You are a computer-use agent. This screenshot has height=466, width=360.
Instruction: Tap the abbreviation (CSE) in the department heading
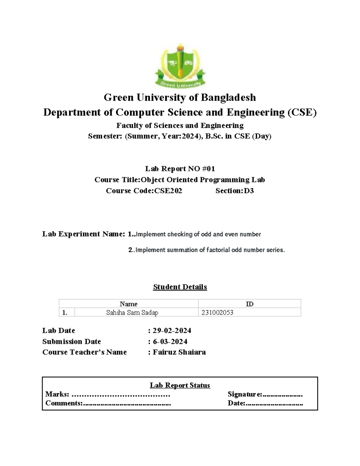tap(302, 113)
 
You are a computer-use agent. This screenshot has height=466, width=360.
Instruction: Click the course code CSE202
tap(168, 191)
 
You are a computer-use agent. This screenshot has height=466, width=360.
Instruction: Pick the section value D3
tap(249, 191)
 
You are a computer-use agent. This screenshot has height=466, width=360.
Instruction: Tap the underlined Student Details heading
tap(180, 287)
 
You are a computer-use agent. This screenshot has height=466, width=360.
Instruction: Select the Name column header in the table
tap(128, 304)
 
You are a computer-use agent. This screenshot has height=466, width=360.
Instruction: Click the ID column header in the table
tap(250, 304)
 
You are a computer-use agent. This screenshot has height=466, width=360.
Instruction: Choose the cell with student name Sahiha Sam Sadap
tap(132, 313)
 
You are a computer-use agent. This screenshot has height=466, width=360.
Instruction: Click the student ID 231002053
tap(217, 313)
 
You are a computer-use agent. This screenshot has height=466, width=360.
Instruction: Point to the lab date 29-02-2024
tap(172, 331)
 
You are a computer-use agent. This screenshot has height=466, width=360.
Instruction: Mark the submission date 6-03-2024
tap(170, 342)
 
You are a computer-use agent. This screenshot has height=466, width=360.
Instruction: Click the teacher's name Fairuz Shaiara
tap(179, 352)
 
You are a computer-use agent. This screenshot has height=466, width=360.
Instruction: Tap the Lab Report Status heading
tap(180, 386)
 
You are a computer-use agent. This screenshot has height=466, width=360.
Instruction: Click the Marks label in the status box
tap(57, 394)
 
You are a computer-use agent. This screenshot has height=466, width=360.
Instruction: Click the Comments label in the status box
tap(64, 403)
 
